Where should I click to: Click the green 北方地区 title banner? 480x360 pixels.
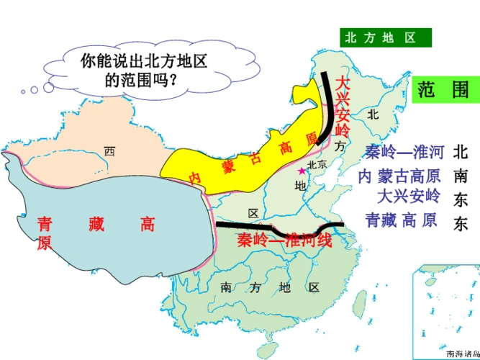point(385,37)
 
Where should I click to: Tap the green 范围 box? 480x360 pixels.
point(443,89)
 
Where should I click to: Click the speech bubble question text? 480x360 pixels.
point(144,70)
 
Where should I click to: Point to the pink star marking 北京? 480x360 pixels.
point(301,171)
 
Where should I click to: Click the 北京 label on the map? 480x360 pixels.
point(317,165)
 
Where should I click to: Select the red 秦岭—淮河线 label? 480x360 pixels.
point(284,240)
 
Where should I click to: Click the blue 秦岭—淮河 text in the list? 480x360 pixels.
point(404,152)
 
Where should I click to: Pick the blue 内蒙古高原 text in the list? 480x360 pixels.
point(399,175)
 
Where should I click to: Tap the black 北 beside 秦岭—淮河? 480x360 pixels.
point(461,152)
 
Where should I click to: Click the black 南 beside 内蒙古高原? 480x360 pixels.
point(461,176)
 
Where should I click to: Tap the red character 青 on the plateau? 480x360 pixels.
point(45,224)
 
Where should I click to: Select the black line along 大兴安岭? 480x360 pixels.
point(327,108)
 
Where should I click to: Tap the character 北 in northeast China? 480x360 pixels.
point(372,114)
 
